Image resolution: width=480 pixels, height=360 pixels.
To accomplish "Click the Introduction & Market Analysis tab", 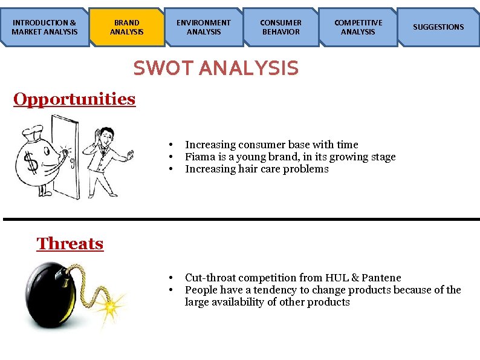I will coord(44,27).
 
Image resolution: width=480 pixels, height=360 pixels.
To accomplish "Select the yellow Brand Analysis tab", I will coord(127,27).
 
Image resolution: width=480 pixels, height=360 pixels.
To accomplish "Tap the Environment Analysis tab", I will coord(203,27).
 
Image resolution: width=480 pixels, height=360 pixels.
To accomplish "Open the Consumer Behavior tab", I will coord(281,27).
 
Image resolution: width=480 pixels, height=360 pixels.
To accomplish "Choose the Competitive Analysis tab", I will coord(358,27).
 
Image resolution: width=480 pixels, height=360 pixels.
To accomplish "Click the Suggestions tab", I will coord(438,27).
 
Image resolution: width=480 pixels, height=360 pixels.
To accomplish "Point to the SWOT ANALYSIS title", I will coord(216,68).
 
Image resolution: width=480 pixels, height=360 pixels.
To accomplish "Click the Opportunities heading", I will coord(74,99).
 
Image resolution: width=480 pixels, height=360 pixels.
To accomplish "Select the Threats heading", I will coord(70,244).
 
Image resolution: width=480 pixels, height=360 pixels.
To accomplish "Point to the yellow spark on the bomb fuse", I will coord(110,309).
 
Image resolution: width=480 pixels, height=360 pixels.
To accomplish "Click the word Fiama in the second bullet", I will coord(198,157).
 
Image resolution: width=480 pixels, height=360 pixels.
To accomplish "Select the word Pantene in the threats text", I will coord(382,278).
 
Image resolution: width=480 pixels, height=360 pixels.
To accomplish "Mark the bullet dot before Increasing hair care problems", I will coord(172,169).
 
